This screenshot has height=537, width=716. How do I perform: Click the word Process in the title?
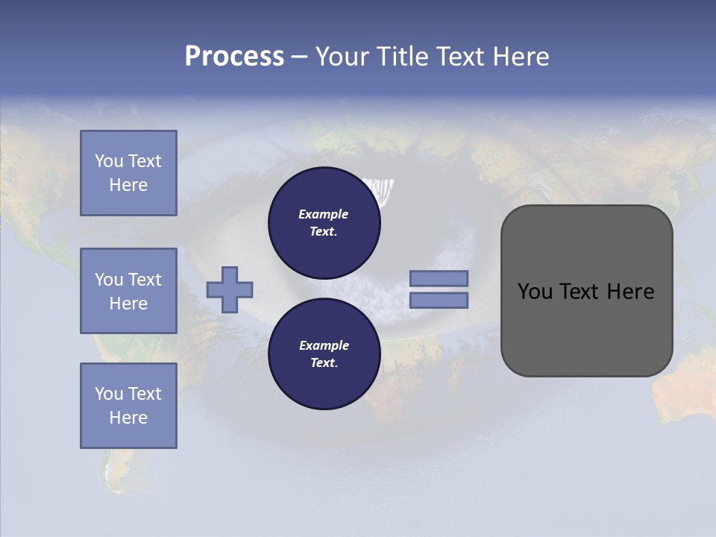pos(234,57)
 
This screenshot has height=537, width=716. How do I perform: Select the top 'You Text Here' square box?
pos(128,173)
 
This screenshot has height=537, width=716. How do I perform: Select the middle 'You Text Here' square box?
pos(128,291)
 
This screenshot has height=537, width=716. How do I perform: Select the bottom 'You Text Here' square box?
pos(128,406)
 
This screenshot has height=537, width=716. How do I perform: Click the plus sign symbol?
pos(230,289)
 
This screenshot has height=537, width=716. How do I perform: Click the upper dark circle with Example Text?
pos(324,223)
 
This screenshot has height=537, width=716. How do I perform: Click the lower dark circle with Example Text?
pos(324,354)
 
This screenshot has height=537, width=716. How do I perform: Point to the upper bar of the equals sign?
pos(439,278)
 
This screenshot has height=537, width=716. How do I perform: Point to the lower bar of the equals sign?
pos(439,300)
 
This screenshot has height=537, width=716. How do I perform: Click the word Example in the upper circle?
pos(323,214)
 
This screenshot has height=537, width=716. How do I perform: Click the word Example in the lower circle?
pos(324,345)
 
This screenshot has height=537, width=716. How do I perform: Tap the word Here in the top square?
pos(128,185)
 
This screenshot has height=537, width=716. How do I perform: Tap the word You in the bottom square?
pos(109,394)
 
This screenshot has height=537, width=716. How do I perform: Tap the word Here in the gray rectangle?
pos(630,292)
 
